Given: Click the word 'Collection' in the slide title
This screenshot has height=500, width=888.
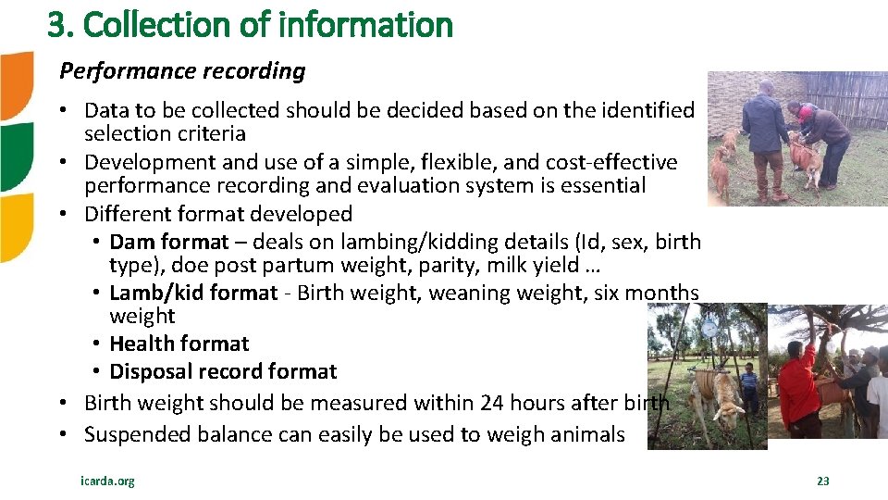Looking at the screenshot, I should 166,25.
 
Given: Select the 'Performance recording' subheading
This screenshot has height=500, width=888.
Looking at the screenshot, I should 182,70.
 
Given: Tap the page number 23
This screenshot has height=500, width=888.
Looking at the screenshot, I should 822,481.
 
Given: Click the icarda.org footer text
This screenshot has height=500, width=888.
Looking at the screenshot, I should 107,481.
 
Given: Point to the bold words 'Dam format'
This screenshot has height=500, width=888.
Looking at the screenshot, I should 168,243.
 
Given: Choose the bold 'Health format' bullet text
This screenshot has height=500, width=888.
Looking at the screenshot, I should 179,344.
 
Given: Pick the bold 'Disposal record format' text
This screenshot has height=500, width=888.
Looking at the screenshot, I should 223,371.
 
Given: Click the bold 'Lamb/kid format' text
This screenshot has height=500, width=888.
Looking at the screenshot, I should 192,293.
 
